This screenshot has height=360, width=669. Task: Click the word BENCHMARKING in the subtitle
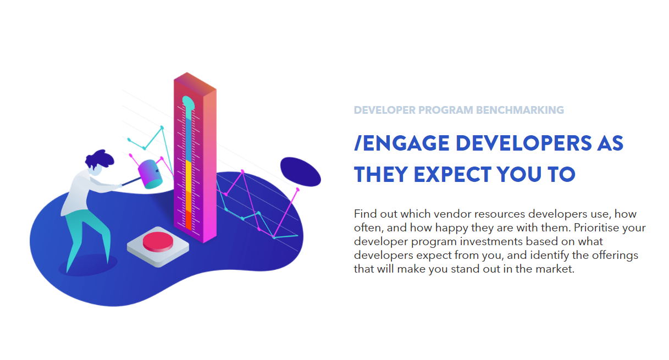pyautogui.click(x=520, y=110)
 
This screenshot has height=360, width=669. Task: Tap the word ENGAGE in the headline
pyautogui.click(x=406, y=143)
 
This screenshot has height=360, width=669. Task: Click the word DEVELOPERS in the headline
pyautogui.click(x=524, y=143)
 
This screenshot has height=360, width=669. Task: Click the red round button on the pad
pyautogui.click(x=158, y=241)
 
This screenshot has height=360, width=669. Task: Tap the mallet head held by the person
pyautogui.click(x=150, y=174)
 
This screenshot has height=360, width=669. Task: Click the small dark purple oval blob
pyautogui.click(x=301, y=172)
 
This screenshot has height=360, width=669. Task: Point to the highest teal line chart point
pyautogui.click(x=162, y=128)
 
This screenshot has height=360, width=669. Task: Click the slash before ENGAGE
pyautogui.click(x=358, y=143)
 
